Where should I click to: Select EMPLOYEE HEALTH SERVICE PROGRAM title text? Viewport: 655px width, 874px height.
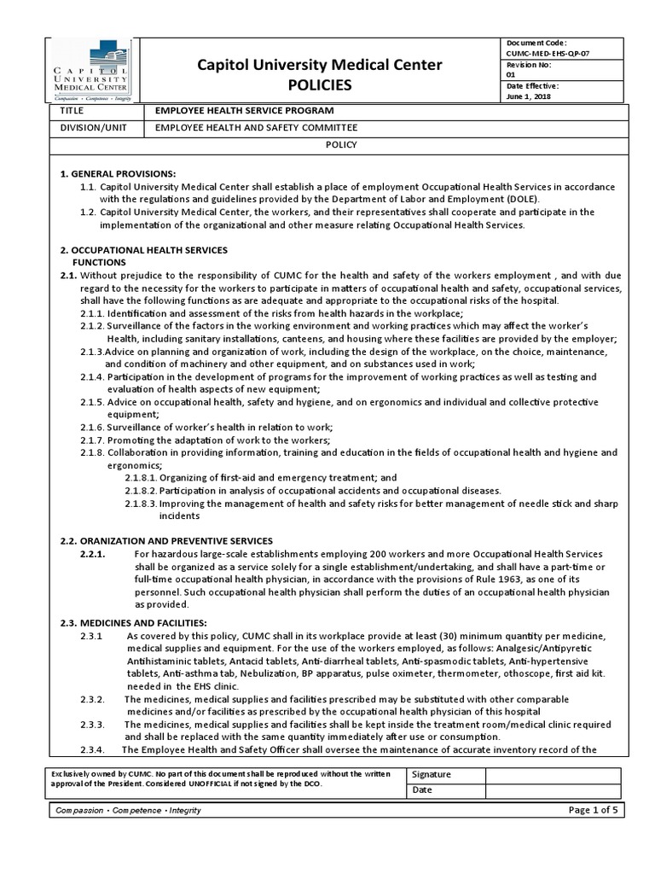tap(244, 111)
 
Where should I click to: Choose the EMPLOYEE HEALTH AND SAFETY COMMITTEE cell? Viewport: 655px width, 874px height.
tap(255, 128)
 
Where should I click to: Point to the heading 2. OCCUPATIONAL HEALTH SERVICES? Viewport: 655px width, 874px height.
tap(143, 249)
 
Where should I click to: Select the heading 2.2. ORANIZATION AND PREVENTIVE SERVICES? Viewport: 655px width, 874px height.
tap(166, 541)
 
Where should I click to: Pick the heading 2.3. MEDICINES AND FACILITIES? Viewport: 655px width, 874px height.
tap(134, 622)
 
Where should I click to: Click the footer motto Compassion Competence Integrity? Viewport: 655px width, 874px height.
tap(127, 810)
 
